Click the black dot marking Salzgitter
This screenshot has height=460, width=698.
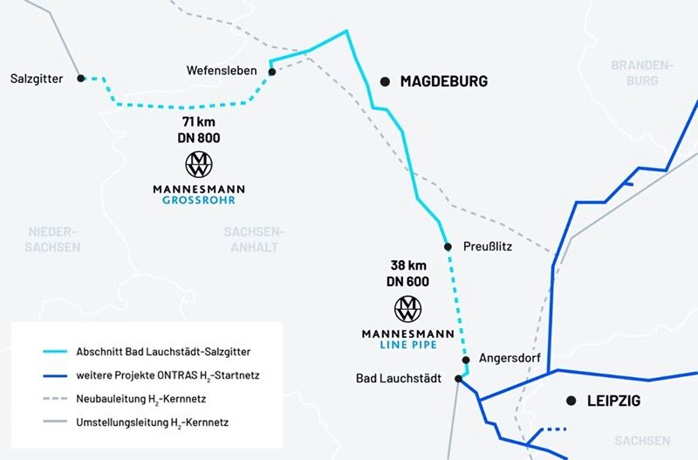tap(81, 78)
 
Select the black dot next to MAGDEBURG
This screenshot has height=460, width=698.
tap(385, 82)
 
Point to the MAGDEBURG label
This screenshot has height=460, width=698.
tap(443, 82)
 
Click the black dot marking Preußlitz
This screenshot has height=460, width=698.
tap(448, 247)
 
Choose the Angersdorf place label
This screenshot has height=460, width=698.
tap(511, 359)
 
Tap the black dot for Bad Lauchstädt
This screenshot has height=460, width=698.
tap(459, 379)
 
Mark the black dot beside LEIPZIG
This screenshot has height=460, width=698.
tap(571, 401)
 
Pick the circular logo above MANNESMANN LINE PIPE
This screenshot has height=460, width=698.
tap(408, 308)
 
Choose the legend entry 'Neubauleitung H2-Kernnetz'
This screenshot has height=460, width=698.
tap(145, 399)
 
